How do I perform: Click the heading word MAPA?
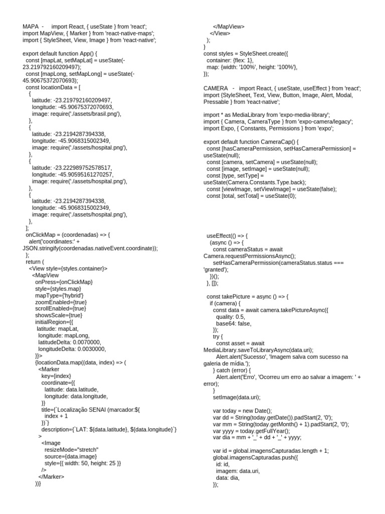pyautogui.click(x=31, y=26)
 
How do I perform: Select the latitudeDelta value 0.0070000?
pyautogui.click(x=87, y=342)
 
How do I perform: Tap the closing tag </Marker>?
pyautogui.click(x=51, y=476)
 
